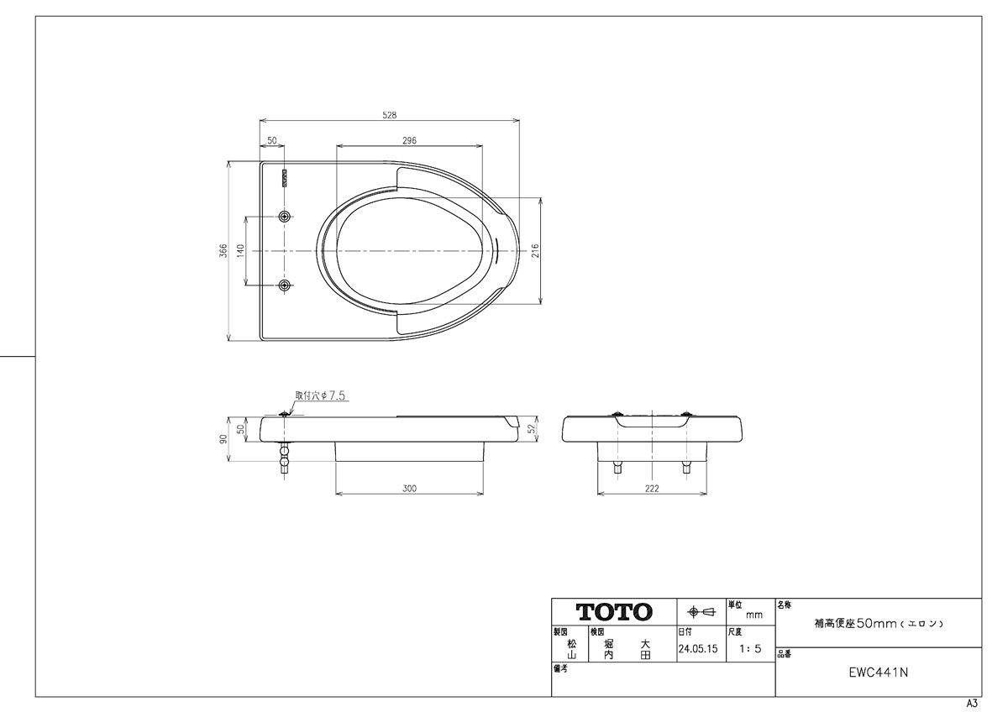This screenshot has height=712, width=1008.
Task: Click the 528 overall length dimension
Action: point(389,115)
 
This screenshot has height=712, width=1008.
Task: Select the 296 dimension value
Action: point(409,140)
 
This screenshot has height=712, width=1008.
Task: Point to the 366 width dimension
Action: point(223,250)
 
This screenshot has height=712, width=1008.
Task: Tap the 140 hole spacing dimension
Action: point(240,250)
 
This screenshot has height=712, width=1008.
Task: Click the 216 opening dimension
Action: point(534,250)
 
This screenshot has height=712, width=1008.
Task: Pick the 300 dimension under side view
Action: point(409,488)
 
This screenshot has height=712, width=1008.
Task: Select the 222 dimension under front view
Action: point(652,488)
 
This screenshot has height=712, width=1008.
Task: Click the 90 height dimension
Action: point(223,439)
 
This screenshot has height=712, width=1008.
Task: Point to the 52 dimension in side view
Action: point(532,429)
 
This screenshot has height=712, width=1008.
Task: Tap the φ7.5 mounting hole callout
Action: point(320,395)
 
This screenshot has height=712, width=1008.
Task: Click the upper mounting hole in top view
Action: point(285,217)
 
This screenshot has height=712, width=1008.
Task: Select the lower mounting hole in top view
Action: point(285,285)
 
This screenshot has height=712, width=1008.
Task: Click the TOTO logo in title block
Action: point(614,612)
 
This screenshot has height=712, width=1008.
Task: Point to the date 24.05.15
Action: point(698,648)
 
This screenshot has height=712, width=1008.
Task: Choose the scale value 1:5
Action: point(750,648)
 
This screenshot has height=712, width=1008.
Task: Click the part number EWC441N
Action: point(879,672)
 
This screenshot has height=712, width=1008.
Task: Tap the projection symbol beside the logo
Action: point(701,612)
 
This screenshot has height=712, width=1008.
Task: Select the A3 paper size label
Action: point(972,703)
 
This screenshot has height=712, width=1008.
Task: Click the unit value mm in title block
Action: point(754,615)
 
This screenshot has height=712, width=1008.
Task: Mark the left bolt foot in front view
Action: point(617,468)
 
